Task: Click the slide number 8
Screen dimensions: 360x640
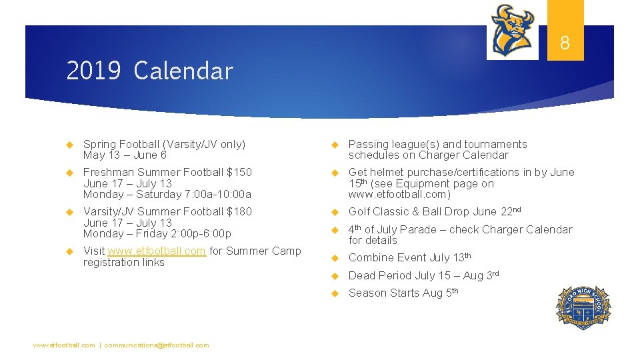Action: click(565, 44)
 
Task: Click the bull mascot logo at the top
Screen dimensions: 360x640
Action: click(512, 29)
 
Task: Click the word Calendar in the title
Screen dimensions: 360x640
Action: click(183, 71)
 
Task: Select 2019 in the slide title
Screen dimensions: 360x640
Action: click(93, 71)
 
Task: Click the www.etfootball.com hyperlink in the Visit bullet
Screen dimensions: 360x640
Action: click(157, 251)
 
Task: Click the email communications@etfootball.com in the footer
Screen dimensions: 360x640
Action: click(157, 345)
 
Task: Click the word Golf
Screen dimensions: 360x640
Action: click(361, 212)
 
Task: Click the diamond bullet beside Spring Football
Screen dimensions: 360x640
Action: click(68, 145)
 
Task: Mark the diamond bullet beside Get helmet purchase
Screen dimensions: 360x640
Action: click(335, 173)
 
